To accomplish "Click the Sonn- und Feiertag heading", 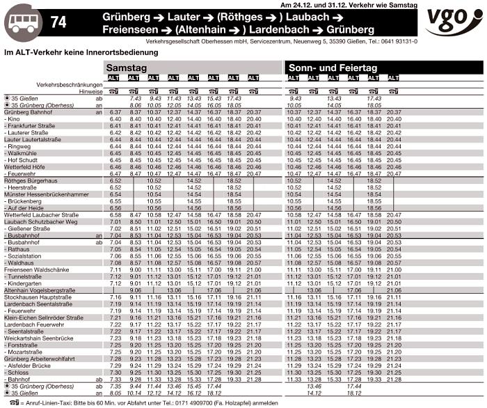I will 333,68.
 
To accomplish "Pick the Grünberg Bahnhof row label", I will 29,112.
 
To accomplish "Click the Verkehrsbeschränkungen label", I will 70,84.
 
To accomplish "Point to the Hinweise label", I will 90,91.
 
